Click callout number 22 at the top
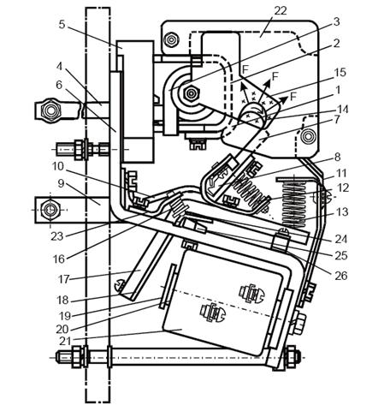[280, 11]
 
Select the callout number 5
[62, 25]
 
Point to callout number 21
[64, 341]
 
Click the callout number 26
[341, 276]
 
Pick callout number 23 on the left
[57, 236]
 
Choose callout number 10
[58, 166]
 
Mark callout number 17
[64, 279]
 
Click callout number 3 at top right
[337, 21]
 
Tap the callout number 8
[337, 157]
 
